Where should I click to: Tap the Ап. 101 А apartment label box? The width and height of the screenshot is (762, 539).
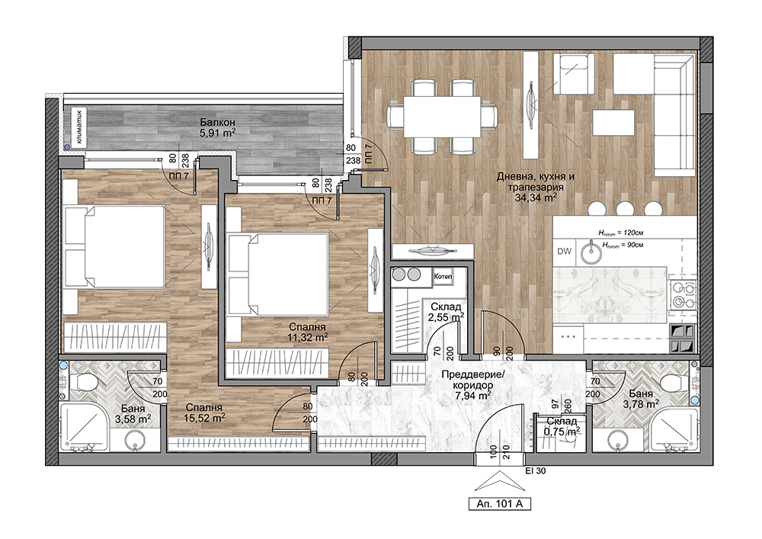click(x=500, y=505)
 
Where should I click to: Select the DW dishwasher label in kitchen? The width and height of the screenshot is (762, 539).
click(x=564, y=252)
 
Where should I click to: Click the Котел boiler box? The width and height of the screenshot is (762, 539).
click(x=443, y=277)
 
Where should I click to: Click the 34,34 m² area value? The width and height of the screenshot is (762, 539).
click(x=535, y=197)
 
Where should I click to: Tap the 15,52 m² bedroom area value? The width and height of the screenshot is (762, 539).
click(x=204, y=418)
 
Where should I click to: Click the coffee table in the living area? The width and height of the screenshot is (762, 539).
click(x=613, y=123)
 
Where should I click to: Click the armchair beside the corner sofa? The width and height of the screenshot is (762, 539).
click(x=574, y=74)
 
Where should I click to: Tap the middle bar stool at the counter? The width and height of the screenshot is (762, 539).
click(x=625, y=209)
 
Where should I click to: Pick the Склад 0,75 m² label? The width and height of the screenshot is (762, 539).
click(x=562, y=425)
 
